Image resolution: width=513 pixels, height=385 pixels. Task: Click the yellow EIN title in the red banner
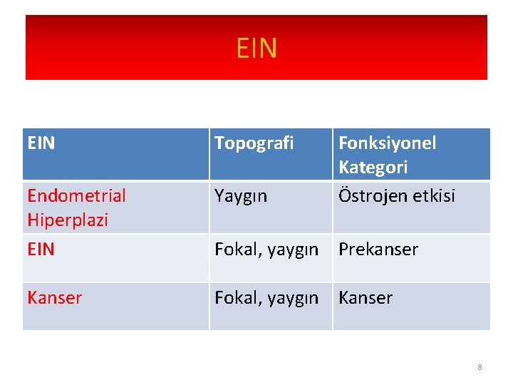(x=256, y=48)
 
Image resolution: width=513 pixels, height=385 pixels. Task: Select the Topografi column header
(x=254, y=143)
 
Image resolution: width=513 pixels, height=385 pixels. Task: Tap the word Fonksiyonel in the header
(x=387, y=143)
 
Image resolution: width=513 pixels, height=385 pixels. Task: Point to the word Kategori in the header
(x=373, y=168)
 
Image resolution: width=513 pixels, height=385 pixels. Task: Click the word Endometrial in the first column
(x=76, y=195)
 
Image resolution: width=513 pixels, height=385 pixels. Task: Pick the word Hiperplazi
(x=68, y=220)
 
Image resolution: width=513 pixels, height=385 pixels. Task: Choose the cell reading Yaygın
(x=241, y=195)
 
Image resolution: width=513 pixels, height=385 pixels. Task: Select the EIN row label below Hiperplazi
(x=41, y=250)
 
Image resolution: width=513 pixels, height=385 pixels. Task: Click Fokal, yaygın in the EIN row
(x=266, y=250)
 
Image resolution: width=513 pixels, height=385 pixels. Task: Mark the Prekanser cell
(x=378, y=250)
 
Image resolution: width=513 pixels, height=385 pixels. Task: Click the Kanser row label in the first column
(x=55, y=298)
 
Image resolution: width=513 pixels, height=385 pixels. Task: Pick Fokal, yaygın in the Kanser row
(x=266, y=298)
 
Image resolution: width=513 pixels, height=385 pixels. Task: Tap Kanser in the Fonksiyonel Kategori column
(x=365, y=298)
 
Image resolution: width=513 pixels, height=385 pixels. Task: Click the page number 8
(x=480, y=367)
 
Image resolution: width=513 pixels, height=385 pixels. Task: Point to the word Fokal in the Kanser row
(x=236, y=298)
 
